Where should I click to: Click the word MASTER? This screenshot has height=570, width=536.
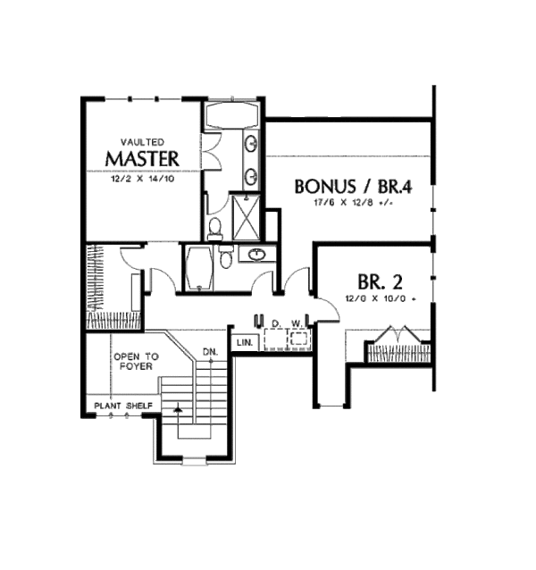[142, 158]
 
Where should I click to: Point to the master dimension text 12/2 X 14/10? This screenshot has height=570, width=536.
[142, 179]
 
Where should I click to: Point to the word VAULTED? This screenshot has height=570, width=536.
[142, 141]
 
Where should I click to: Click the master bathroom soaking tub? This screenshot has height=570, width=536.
[230, 116]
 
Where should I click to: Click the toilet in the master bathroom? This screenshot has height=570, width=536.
[215, 231]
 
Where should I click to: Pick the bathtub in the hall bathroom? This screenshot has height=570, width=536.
[198, 267]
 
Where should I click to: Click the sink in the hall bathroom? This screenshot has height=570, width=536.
[256, 255]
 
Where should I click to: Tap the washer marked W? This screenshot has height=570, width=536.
[298, 337]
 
